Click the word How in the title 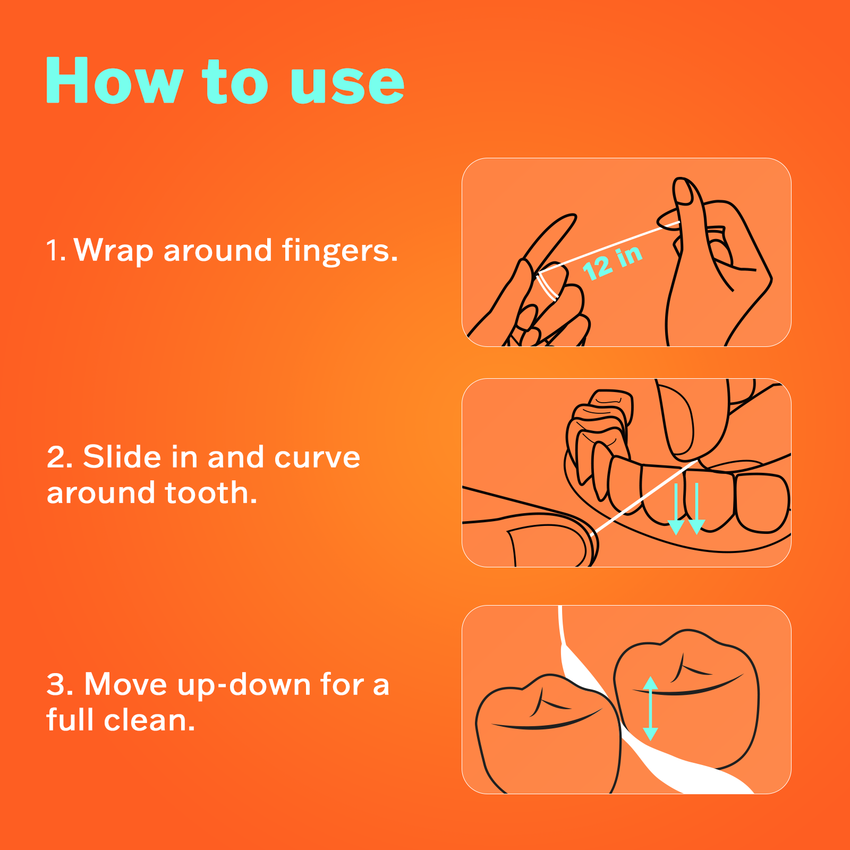tap(114, 81)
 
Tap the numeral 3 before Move tap(59, 684)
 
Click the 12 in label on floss tap(612, 262)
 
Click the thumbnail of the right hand tap(683, 191)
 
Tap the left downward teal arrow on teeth tap(676, 510)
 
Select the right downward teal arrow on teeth tap(696, 510)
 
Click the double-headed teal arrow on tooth tap(650, 708)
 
